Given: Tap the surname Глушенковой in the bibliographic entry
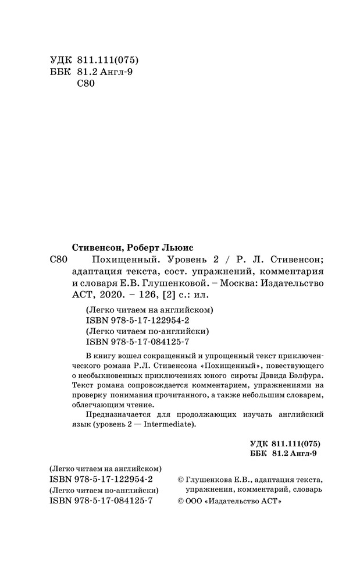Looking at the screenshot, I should pos(176,283).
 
